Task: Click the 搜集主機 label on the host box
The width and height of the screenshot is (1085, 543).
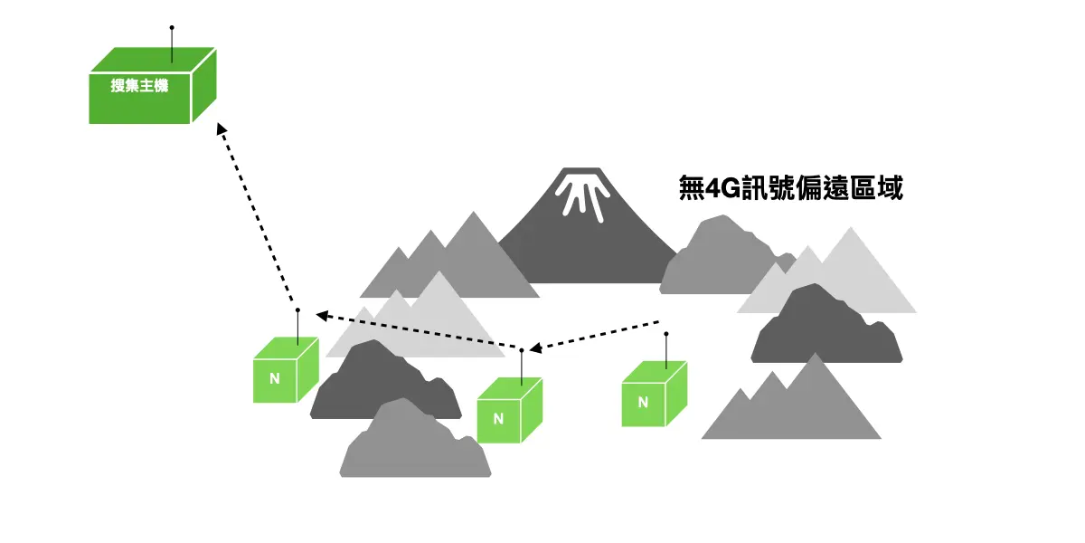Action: coord(139,87)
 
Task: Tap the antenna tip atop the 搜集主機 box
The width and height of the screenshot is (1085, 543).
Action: coord(172,28)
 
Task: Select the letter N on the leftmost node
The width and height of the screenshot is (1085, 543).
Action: coord(275,379)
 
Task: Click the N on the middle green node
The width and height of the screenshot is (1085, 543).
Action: coord(497,419)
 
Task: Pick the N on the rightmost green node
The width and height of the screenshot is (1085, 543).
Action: coord(643,403)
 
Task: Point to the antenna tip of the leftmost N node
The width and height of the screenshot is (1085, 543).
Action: coord(297,310)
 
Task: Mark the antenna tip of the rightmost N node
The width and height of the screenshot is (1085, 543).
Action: coord(666,334)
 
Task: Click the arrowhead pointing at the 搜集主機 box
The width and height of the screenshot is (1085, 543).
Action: coord(222,129)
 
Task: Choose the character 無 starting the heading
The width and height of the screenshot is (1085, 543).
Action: coord(692,188)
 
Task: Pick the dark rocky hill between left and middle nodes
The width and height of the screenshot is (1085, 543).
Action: coord(380,385)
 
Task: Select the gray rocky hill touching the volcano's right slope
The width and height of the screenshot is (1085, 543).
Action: coord(714,258)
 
